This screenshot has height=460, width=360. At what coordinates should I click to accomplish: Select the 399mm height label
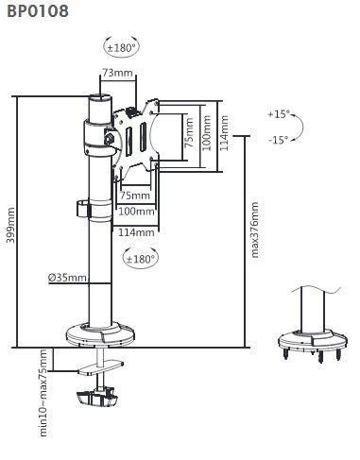pyautogui.click(x=9, y=225)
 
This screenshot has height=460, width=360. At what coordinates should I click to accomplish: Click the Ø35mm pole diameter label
pyautogui.click(x=67, y=278)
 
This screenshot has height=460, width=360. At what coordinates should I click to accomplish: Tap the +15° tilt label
pyautogui.click(x=278, y=114)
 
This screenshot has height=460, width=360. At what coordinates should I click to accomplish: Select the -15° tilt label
pyautogui.click(x=278, y=140)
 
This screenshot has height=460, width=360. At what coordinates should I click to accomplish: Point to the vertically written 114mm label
pyautogui.click(x=224, y=134)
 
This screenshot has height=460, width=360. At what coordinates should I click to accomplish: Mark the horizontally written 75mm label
pyautogui.click(x=133, y=196)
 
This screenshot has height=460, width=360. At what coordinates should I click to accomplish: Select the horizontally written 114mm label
pyautogui.click(x=137, y=232)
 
